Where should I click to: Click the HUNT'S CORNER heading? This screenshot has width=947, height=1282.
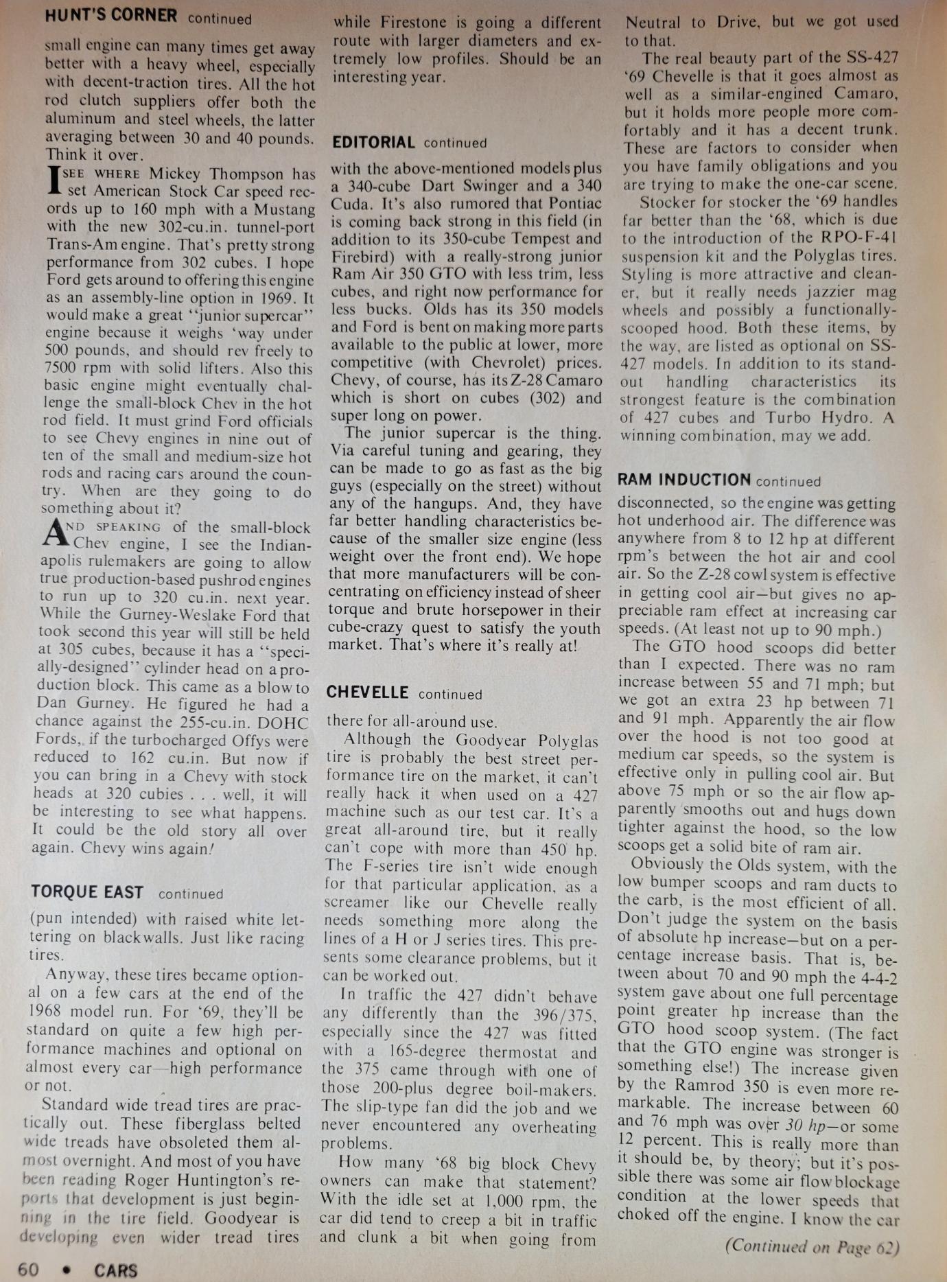tap(110, 15)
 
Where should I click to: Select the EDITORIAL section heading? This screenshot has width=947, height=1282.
tap(373, 143)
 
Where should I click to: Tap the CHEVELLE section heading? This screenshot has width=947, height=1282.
tap(367, 692)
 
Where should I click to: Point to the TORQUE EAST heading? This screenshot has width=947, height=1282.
tap(86, 892)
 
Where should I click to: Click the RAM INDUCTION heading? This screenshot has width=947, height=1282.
tap(683, 480)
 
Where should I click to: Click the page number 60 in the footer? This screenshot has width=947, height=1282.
tap(27, 1270)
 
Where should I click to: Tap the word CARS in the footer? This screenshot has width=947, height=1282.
tap(115, 1270)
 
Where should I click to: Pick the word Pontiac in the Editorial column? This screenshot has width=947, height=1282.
tap(574, 203)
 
